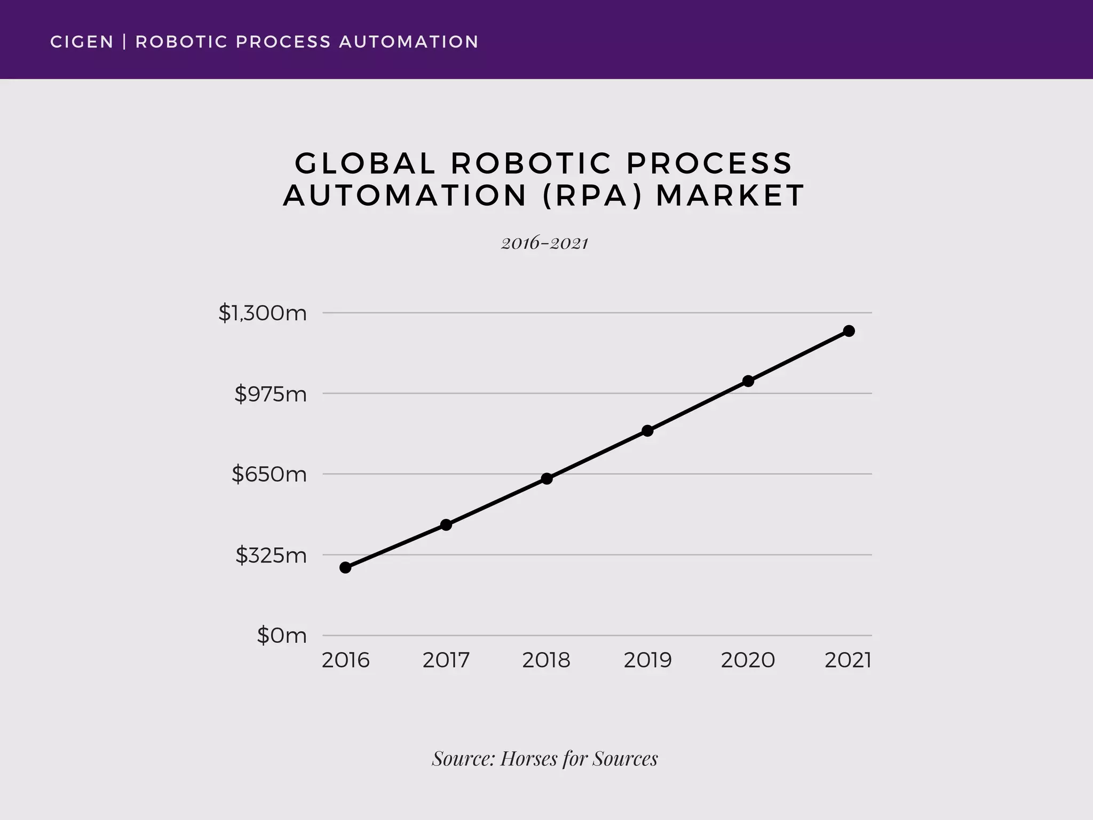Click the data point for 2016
[345, 567]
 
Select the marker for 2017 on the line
[446, 525]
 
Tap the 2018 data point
[546, 478]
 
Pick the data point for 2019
[647, 431]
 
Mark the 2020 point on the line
[748, 381]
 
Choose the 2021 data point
[849, 331]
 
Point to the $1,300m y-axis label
[263, 313]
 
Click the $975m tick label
[271, 394]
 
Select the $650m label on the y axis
[269, 474]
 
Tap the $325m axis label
[271, 556]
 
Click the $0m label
[282, 636]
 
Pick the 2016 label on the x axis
[345, 660]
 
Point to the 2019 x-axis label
[647, 660]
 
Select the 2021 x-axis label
[848, 660]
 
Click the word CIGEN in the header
[82, 42]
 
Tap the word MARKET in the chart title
[730, 195]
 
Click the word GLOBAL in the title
[365, 163]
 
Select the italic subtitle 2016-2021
[544, 243]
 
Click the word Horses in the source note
[528, 759]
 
